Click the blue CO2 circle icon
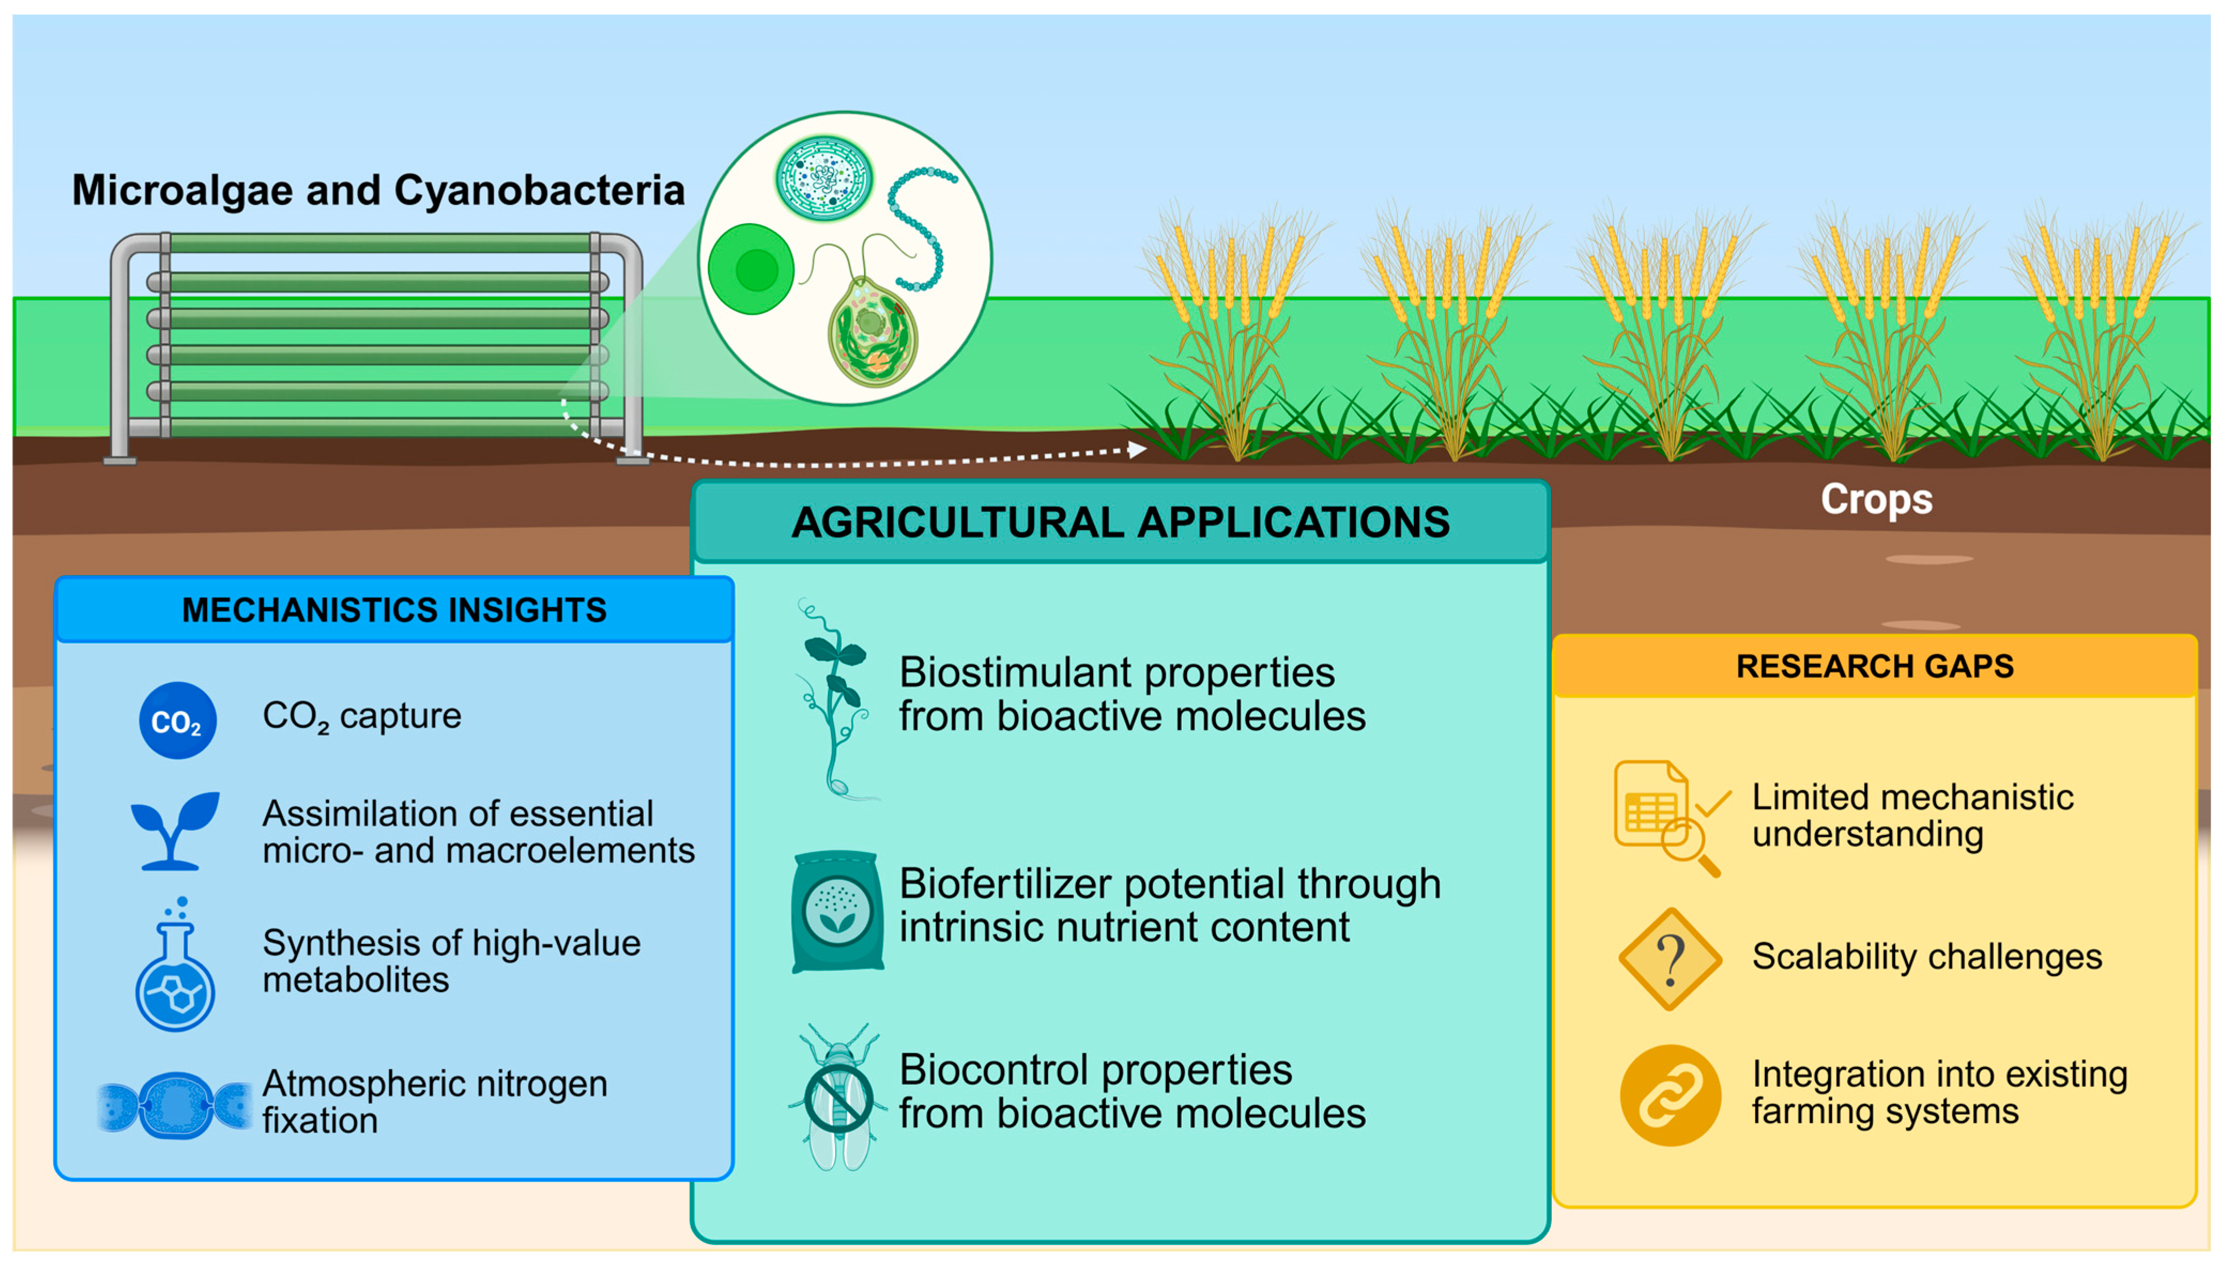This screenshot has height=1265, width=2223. click(177, 720)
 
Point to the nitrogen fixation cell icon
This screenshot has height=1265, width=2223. click(176, 1105)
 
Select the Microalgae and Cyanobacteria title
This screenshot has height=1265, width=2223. click(378, 190)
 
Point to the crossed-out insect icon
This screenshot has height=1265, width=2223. click(839, 1098)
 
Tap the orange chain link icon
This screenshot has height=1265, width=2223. click(1670, 1095)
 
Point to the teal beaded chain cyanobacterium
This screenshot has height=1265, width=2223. click(919, 226)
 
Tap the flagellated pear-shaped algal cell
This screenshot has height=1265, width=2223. click(872, 329)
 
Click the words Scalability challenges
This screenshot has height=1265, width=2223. click(1926, 957)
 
